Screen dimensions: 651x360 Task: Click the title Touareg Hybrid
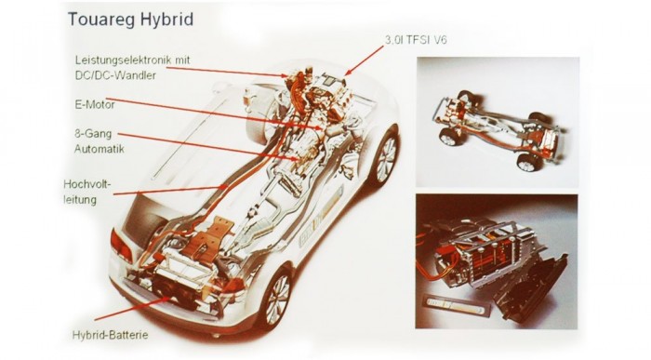(x=130, y=20)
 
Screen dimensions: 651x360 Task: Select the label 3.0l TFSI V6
(x=416, y=40)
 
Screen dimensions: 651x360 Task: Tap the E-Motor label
(x=95, y=104)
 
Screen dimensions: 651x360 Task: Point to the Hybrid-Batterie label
(x=110, y=335)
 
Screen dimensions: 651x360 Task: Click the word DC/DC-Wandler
(x=115, y=75)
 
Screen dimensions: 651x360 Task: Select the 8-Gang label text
(x=93, y=134)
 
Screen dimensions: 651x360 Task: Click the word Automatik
(x=100, y=148)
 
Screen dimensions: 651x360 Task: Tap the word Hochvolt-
(x=87, y=183)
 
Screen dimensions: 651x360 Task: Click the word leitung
(x=80, y=199)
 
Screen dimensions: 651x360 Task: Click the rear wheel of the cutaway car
(x=277, y=298)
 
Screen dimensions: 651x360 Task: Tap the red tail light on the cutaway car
(x=121, y=246)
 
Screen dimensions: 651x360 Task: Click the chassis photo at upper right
(x=498, y=122)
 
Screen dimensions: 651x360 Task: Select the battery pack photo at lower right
(x=497, y=261)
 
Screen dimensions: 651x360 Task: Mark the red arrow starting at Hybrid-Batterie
(x=132, y=309)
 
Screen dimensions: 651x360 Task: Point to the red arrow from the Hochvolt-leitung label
(x=170, y=190)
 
